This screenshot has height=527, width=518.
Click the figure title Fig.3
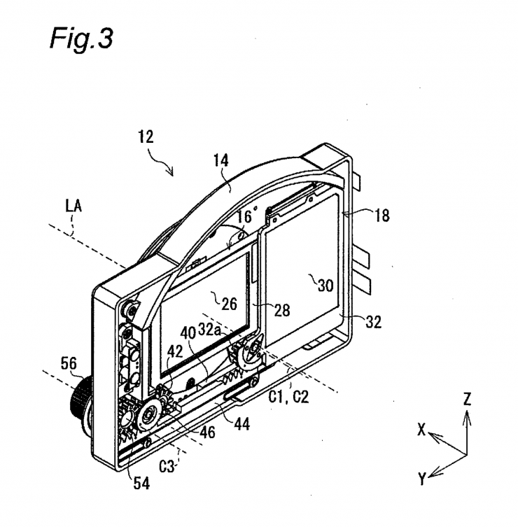coord(80,38)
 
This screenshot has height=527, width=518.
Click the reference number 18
coord(381,216)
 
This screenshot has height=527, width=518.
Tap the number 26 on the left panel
coord(229,303)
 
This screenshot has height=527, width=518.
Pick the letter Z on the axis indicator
coord(467,399)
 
